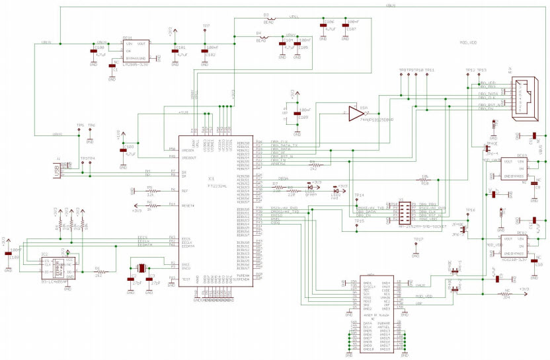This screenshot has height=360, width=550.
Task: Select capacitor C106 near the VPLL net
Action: click(323, 30)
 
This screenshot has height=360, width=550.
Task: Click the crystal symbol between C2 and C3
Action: click(140, 268)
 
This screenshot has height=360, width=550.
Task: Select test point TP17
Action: click(416, 242)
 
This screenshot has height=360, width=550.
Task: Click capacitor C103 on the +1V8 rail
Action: click(122, 151)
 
